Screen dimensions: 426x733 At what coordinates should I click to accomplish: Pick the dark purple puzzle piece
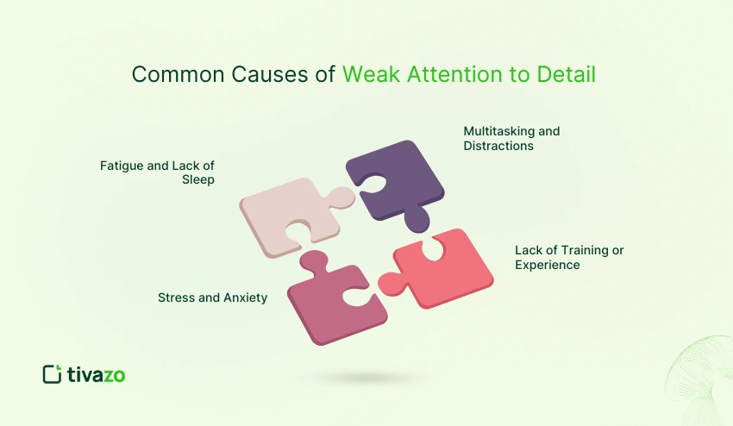[399, 185]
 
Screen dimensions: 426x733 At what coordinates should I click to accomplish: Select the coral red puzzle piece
[444, 267]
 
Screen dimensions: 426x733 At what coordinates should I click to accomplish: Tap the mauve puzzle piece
[332, 302]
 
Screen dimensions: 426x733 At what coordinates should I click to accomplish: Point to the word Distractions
[498, 146]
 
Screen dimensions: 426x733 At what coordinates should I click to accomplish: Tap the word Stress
[177, 298]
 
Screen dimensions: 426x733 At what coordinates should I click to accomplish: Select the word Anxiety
[244, 298]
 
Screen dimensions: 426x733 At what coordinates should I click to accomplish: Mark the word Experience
[548, 265]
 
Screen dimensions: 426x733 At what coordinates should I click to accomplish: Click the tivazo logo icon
[52, 374]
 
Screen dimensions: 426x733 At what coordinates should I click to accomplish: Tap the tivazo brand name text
[97, 374]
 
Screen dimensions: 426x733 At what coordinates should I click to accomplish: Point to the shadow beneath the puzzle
[366, 378]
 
